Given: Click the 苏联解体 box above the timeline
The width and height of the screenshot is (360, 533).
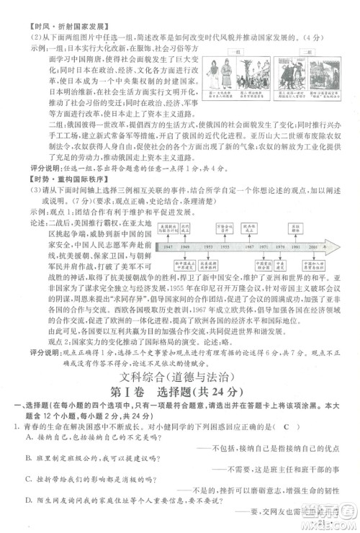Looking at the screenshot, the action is pyautogui.click(x=295, y=228).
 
